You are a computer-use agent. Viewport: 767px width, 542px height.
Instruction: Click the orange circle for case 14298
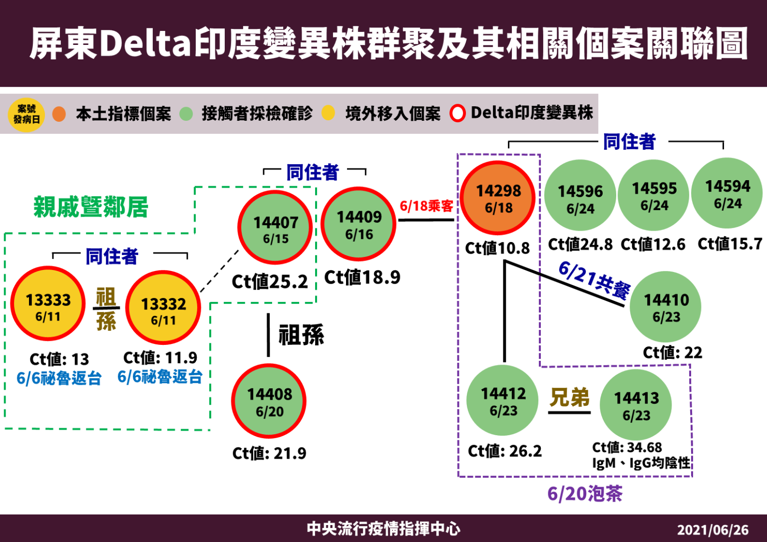pyautogui.click(x=498, y=199)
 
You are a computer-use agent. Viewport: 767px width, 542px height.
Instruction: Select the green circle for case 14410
pyautogui.click(x=666, y=307)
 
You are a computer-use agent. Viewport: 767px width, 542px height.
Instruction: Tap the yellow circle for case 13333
pyautogui.click(x=48, y=303)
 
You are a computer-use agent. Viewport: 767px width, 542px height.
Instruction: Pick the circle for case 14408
pyautogui.click(x=269, y=401)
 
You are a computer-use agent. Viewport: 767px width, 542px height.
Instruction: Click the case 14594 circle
pyautogui.click(x=727, y=194)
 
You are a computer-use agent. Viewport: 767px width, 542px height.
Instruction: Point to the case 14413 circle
pyautogui.click(x=636, y=405)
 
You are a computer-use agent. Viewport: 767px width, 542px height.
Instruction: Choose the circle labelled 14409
pyautogui.click(x=359, y=225)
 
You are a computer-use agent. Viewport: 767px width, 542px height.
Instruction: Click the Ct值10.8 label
pyautogui.click(x=497, y=248)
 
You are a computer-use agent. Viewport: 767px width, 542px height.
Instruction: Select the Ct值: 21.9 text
pyautogui.click(x=269, y=453)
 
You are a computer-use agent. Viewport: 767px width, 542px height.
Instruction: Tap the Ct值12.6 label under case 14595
pyautogui.click(x=653, y=245)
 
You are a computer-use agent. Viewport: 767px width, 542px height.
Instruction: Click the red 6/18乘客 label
pyautogui.click(x=426, y=206)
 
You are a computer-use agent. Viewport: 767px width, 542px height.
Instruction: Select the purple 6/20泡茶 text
pyautogui.click(x=585, y=494)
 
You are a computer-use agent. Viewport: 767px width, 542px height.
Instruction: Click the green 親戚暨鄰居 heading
pyautogui.click(x=91, y=207)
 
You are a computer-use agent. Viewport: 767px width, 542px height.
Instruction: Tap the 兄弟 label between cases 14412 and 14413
pyautogui.click(x=569, y=398)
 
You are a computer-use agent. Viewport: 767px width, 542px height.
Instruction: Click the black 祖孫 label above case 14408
pyautogui.click(x=301, y=335)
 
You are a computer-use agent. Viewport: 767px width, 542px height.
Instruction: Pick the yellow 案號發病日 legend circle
pyautogui.click(x=26, y=114)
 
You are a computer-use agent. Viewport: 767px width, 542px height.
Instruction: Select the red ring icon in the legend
pyautogui.click(x=457, y=113)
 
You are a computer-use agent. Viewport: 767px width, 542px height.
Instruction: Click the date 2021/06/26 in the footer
pyautogui.click(x=713, y=530)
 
